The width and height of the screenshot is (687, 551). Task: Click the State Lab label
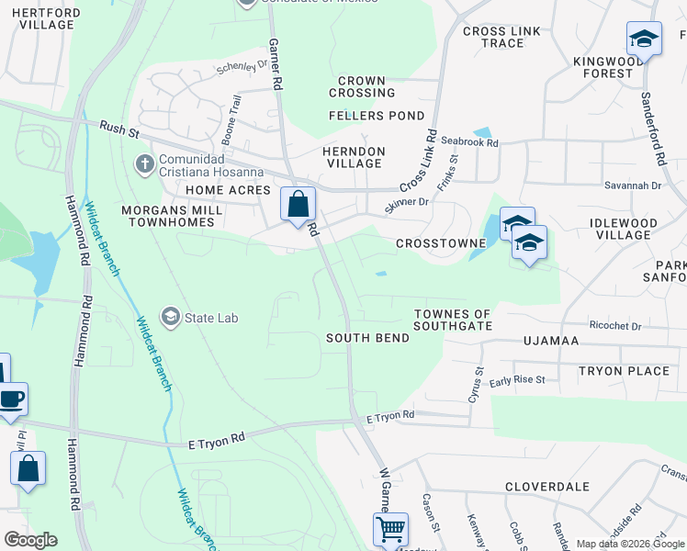pos(211,318)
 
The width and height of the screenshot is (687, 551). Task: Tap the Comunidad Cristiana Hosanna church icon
pos(144,164)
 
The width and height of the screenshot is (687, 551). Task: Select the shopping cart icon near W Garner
pos(390,530)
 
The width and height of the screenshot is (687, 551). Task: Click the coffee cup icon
pos(12,400)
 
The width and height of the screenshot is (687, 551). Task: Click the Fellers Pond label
pos(377,116)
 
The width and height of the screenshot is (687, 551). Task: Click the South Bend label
pos(367,338)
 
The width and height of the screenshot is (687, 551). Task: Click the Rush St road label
pos(118,130)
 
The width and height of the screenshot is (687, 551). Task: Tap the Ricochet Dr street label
pos(615,326)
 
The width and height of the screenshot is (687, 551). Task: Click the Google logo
pos(30,540)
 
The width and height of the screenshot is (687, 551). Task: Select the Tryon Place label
pos(624,371)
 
